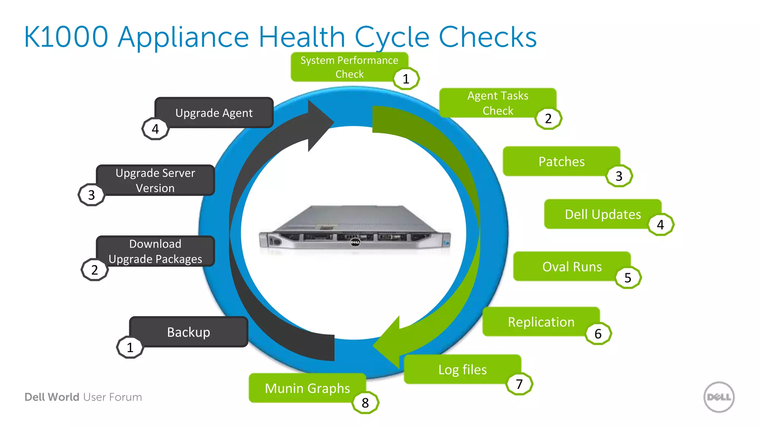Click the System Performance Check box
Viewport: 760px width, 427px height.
tap(349, 67)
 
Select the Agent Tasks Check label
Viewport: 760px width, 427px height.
tap(497, 103)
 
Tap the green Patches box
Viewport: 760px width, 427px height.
tap(561, 161)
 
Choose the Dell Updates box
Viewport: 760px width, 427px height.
tap(602, 214)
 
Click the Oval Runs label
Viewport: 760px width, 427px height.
tap(571, 267)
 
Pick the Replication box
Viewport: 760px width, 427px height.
tap(541, 322)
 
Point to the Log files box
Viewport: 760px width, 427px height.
tap(462, 369)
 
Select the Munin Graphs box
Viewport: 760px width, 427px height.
tap(307, 388)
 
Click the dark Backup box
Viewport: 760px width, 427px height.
tap(189, 332)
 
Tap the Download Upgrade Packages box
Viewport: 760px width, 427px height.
tap(155, 251)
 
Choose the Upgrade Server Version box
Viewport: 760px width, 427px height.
tap(155, 180)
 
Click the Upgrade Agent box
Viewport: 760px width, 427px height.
tap(214, 113)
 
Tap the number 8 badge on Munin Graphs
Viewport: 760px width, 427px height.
tap(365, 403)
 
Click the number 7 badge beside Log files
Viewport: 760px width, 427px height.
tap(519, 384)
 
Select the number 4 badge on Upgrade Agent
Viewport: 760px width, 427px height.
tap(155, 129)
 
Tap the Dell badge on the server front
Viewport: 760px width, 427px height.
tap(355, 242)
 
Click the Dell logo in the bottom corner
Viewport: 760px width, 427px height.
tap(719, 397)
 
